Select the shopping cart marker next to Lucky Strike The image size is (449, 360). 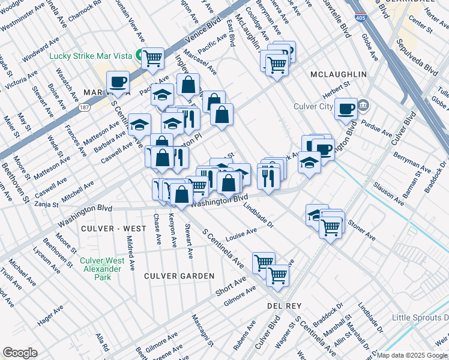[x=153, y=58]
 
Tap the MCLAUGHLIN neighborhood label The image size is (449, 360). [x=338, y=74]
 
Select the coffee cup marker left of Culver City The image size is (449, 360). [x=346, y=109]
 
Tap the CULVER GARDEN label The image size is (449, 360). [x=179, y=276]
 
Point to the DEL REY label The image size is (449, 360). [x=279, y=305]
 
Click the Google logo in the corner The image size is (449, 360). [x=20, y=353]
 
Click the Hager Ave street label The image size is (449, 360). [x=50, y=316]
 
